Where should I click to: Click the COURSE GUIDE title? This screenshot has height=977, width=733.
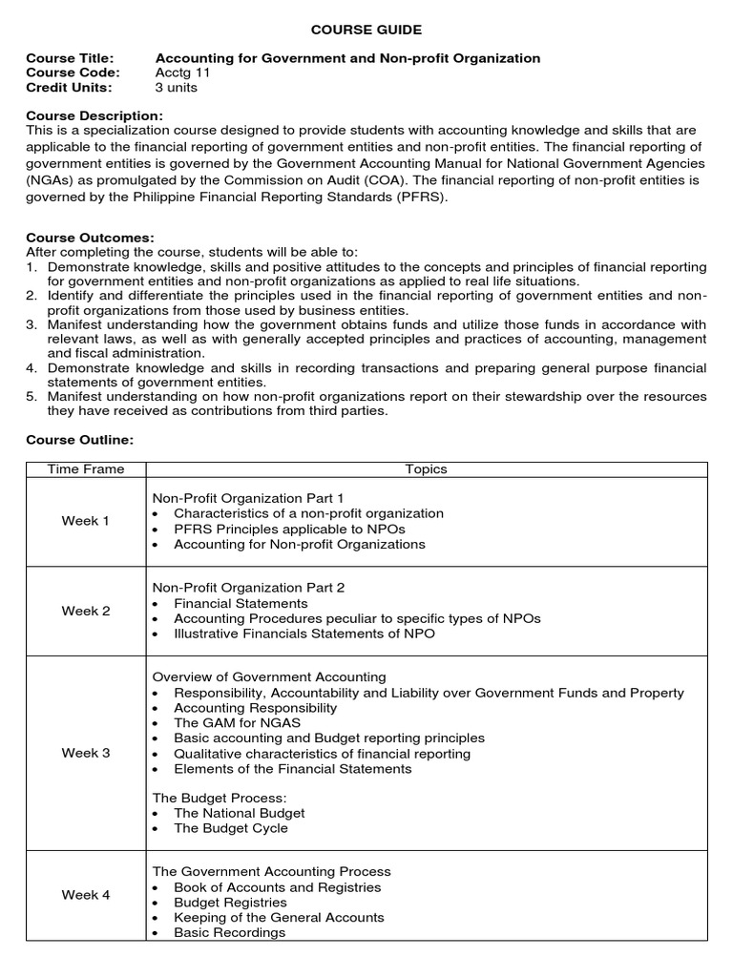coord(366,31)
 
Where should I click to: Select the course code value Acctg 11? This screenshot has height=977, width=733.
coord(182,73)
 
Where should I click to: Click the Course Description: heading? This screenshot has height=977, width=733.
coord(94,115)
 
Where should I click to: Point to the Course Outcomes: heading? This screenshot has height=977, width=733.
coord(90,237)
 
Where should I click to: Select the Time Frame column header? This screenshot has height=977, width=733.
coord(86,469)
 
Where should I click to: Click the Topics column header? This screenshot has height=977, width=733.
coord(426,469)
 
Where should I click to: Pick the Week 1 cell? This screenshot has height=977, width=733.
coord(86,521)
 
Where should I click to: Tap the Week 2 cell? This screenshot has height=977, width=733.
coord(86,611)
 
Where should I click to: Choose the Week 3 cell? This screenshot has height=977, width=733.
coord(86,753)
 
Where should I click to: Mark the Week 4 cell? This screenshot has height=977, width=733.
coord(86,895)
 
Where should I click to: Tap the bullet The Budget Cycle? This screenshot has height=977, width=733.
coord(230,828)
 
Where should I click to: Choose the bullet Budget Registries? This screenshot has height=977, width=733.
coord(230,902)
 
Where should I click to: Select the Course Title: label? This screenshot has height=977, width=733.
coord(70,58)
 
